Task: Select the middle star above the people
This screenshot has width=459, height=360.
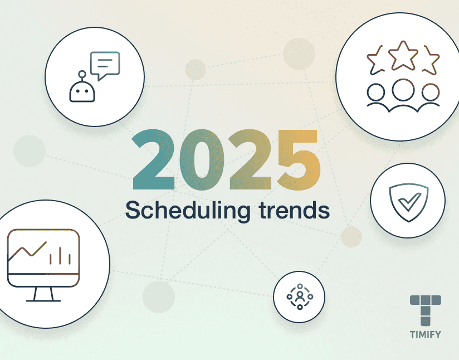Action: click(x=403, y=56)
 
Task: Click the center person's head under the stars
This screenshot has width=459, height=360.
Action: click(x=403, y=90)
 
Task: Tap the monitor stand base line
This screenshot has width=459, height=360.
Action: click(x=43, y=300)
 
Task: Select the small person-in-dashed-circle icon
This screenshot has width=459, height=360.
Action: click(x=300, y=296)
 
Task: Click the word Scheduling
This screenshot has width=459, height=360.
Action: click(x=188, y=210)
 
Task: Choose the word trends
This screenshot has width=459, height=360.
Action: click(x=295, y=210)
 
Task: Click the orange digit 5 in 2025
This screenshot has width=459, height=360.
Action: click(x=299, y=160)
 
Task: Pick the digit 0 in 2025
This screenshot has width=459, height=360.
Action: click(x=202, y=159)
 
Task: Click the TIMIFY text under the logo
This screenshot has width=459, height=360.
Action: click(x=426, y=334)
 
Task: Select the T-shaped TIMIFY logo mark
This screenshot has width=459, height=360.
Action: click(x=426, y=310)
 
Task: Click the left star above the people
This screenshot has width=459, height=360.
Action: click(x=375, y=60)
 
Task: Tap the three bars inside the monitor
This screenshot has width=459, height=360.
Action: click(x=60, y=256)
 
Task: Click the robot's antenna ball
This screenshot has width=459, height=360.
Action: click(x=82, y=74)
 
